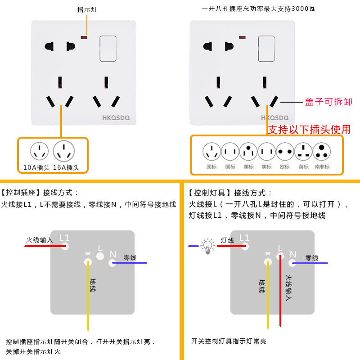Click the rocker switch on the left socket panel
[x=108, y=48]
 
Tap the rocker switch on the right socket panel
[x=266, y=48]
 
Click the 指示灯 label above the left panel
[x=87, y=9]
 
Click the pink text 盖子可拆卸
[x=328, y=102]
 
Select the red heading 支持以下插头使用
[x=309, y=130]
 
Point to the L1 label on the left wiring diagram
[x=64, y=238]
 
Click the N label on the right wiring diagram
[x=293, y=254]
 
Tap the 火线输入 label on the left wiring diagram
[x=40, y=240]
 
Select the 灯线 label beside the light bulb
[x=227, y=240]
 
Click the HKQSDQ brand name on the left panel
[x=116, y=118]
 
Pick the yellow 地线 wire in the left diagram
[x=88, y=306]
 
